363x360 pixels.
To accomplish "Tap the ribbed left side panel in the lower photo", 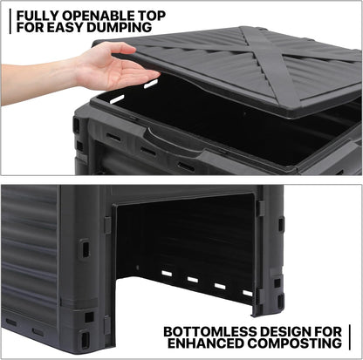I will coord(30,253).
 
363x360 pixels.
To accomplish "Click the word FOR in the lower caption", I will coord(331,331).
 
